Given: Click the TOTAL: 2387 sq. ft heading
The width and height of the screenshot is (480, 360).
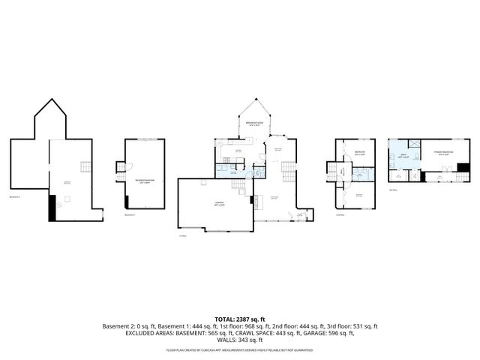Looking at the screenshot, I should pos(239,319).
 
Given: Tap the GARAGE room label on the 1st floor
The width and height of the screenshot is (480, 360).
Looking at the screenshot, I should pos(218,203).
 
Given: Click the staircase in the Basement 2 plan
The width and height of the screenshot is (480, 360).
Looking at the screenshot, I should pos(88,166).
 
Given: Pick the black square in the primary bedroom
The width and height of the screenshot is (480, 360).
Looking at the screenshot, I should pos(463,167).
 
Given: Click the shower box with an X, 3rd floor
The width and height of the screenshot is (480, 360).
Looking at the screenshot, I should pos(411,144).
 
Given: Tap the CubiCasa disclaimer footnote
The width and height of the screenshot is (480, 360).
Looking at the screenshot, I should pos(239,350).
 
